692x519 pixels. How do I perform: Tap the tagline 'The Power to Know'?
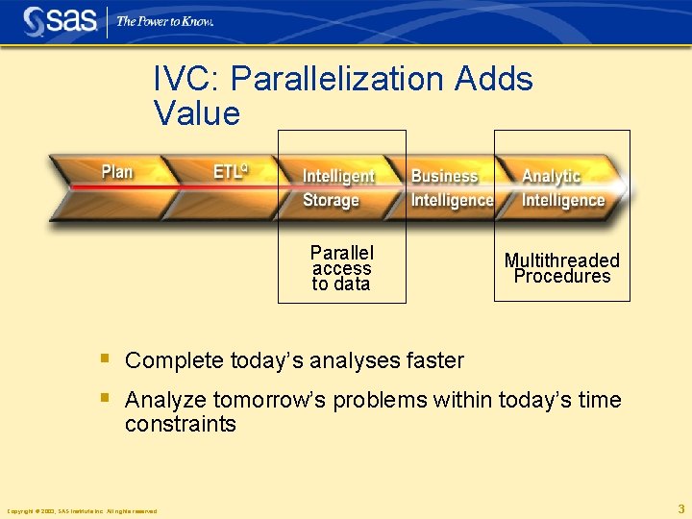164,21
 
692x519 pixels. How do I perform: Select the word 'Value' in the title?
196,113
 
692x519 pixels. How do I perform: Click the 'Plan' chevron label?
117,172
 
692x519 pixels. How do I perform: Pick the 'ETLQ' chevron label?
231,172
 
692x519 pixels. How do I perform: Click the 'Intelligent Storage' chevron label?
338,188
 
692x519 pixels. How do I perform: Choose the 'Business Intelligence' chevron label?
451,188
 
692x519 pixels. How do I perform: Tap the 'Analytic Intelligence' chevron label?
562,188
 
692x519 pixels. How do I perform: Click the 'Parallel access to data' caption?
341,268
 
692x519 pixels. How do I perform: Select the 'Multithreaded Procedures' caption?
562,268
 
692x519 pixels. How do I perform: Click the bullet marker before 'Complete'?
106,359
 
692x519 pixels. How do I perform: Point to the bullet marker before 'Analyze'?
106,398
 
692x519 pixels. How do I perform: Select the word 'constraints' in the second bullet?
180,425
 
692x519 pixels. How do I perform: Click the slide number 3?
680,509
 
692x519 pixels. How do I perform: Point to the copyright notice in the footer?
82,511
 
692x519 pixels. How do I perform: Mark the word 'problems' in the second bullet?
380,400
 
